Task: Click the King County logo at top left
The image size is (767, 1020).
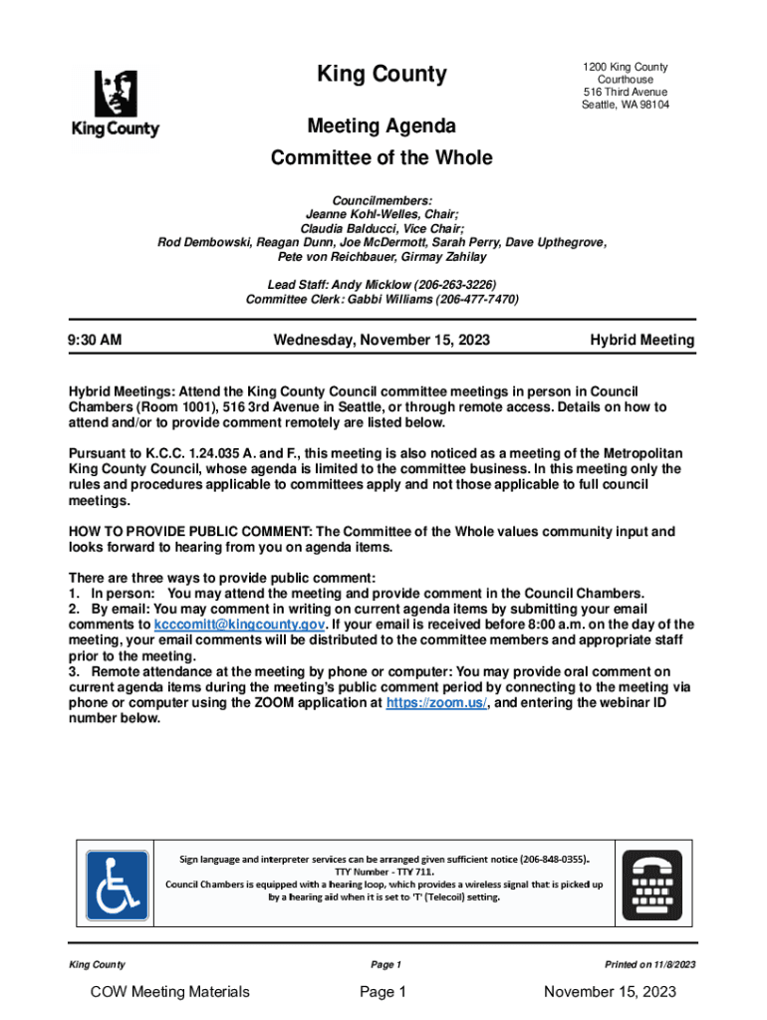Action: [116, 103]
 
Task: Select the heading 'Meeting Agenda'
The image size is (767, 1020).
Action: [382, 127]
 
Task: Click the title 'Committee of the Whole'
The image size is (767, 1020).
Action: [382, 158]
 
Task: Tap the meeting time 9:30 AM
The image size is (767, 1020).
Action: [96, 341]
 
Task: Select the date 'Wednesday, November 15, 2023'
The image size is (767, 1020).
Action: [382, 341]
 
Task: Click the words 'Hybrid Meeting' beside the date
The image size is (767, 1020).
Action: [641, 341]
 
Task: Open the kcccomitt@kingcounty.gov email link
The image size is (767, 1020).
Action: [239, 625]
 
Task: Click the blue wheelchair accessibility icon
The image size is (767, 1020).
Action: [118, 885]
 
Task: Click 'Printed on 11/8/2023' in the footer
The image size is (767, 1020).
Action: [649, 965]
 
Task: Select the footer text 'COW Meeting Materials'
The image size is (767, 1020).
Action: [169, 991]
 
